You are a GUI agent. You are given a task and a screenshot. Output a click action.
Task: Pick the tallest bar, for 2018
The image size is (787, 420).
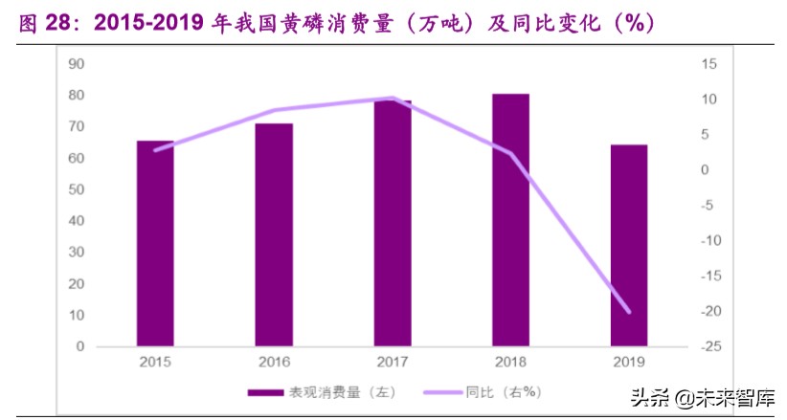tap(511, 219)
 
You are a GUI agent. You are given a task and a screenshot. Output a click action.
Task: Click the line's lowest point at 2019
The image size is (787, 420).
tap(629, 311)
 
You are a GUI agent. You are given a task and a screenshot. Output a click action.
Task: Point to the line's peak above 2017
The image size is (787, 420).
tap(393, 99)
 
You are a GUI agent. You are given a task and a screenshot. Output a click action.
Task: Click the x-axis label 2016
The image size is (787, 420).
tap(274, 362)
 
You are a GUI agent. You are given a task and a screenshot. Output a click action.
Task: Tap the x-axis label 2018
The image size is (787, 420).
tap(511, 362)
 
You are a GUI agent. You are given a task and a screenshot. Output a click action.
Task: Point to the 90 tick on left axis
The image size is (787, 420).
tap(77, 64)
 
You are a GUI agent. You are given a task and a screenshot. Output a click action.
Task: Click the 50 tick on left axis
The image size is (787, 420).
tap(77, 189)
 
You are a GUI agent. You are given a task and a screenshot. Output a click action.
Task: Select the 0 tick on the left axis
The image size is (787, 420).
tap(80, 346)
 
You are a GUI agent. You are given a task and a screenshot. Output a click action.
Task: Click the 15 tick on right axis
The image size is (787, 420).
tap(708, 64)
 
